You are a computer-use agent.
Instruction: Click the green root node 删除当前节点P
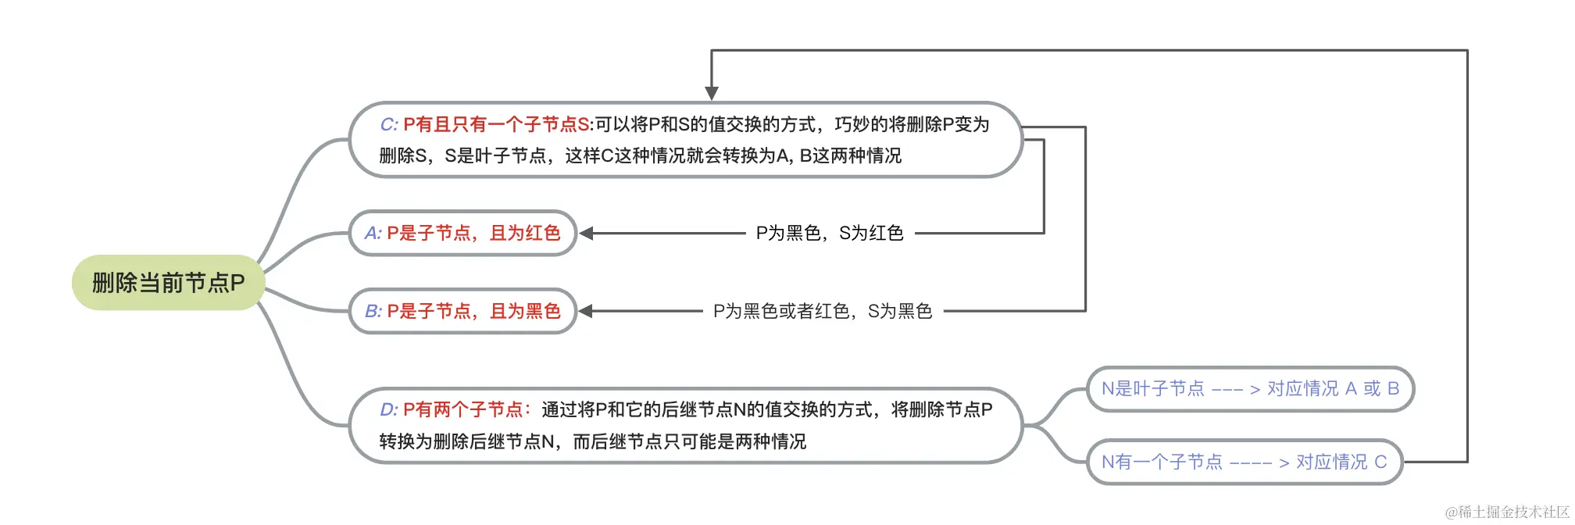click(169, 282)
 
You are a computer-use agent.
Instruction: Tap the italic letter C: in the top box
click(389, 124)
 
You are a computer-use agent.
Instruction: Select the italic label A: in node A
click(373, 233)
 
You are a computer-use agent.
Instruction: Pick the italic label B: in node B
click(373, 311)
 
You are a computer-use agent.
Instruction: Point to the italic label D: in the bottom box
click(389, 409)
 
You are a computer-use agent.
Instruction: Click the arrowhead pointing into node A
click(586, 233)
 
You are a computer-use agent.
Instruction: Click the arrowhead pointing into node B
click(586, 311)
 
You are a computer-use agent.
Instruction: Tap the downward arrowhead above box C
click(712, 93)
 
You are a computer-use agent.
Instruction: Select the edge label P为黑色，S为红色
click(830, 233)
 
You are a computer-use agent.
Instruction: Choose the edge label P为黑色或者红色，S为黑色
click(823, 311)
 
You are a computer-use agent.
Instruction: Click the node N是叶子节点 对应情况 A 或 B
click(1250, 388)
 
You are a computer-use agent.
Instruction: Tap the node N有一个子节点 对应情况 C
click(1245, 462)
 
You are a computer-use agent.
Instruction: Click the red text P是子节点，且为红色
click(473, 233)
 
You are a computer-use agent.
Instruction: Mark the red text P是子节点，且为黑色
click(473, 311)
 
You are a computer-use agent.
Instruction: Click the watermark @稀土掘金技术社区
click(1507, 512)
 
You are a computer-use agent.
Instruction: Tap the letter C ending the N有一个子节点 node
click(1380, 462)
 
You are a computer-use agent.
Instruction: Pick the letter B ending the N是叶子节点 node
click(1393, 388)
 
